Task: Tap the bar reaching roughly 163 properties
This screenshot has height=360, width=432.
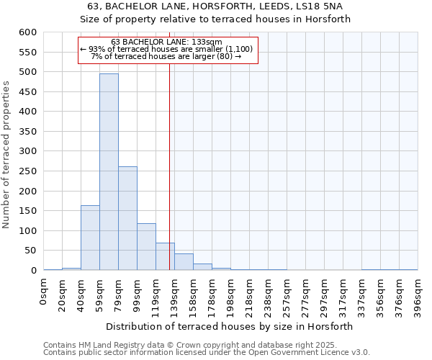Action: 90,238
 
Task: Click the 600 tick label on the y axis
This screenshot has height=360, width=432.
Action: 27,32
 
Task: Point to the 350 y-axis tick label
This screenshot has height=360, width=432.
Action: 27,132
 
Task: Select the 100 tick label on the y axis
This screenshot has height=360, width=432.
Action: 27,231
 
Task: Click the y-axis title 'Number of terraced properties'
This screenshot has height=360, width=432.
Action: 7,154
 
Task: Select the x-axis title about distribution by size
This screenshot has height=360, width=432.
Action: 230,326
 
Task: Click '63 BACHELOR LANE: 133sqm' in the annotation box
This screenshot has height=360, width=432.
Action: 167,42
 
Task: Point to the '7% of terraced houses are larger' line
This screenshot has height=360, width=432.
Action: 166,56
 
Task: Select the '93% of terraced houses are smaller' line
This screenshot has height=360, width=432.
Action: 166,49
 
